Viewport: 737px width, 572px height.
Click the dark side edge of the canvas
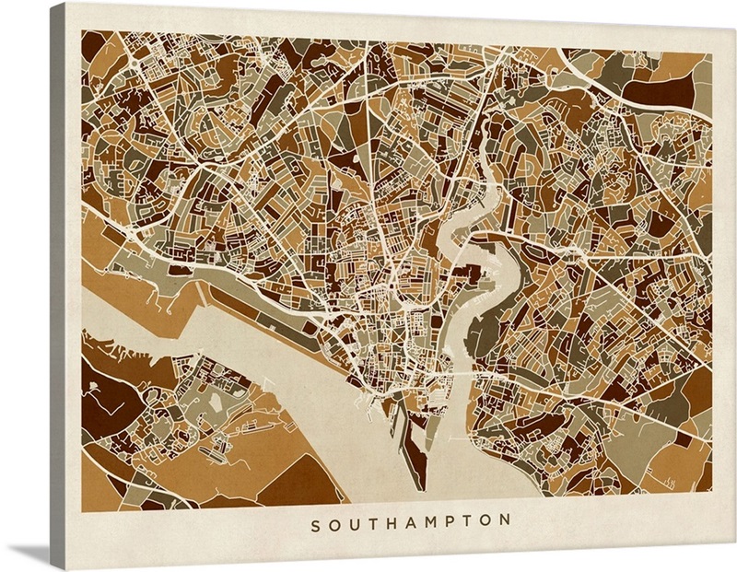click(x=57, y=276)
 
